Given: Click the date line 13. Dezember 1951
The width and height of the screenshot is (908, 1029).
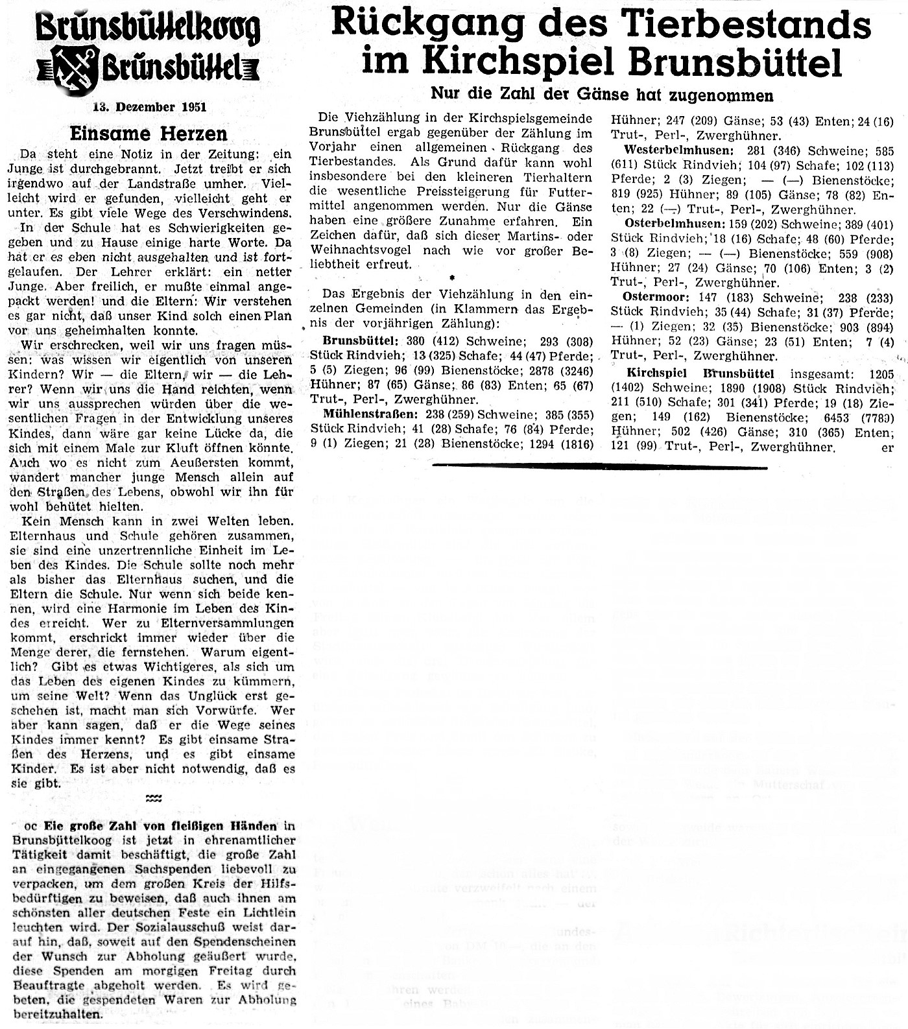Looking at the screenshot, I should click(149, 107).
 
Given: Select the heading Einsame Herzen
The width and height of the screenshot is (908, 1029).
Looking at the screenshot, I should click(149, 134).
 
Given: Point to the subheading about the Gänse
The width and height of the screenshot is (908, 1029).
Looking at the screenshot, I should click(602, 95).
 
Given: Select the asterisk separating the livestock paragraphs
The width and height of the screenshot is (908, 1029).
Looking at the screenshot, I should click(451, 278).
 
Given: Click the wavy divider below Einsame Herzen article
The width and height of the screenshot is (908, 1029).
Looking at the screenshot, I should click(154, 799).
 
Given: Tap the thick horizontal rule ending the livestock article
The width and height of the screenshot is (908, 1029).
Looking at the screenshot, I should click(599, 466).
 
